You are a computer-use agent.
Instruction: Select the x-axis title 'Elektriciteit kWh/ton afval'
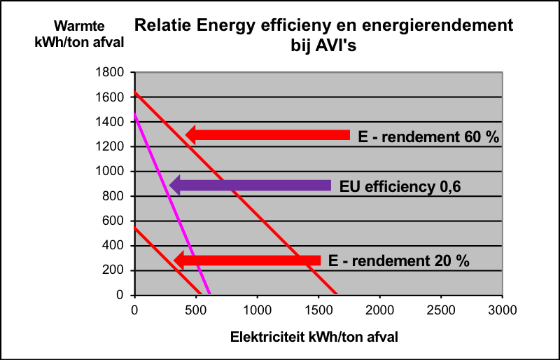point(314,337)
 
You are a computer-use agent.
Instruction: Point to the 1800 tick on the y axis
point(111,72)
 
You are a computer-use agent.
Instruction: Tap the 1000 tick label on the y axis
point(111,172)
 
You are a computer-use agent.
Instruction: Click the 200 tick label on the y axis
point(114,270)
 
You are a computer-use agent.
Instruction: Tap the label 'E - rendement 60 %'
point(428,137)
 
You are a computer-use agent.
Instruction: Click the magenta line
point(171,203)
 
